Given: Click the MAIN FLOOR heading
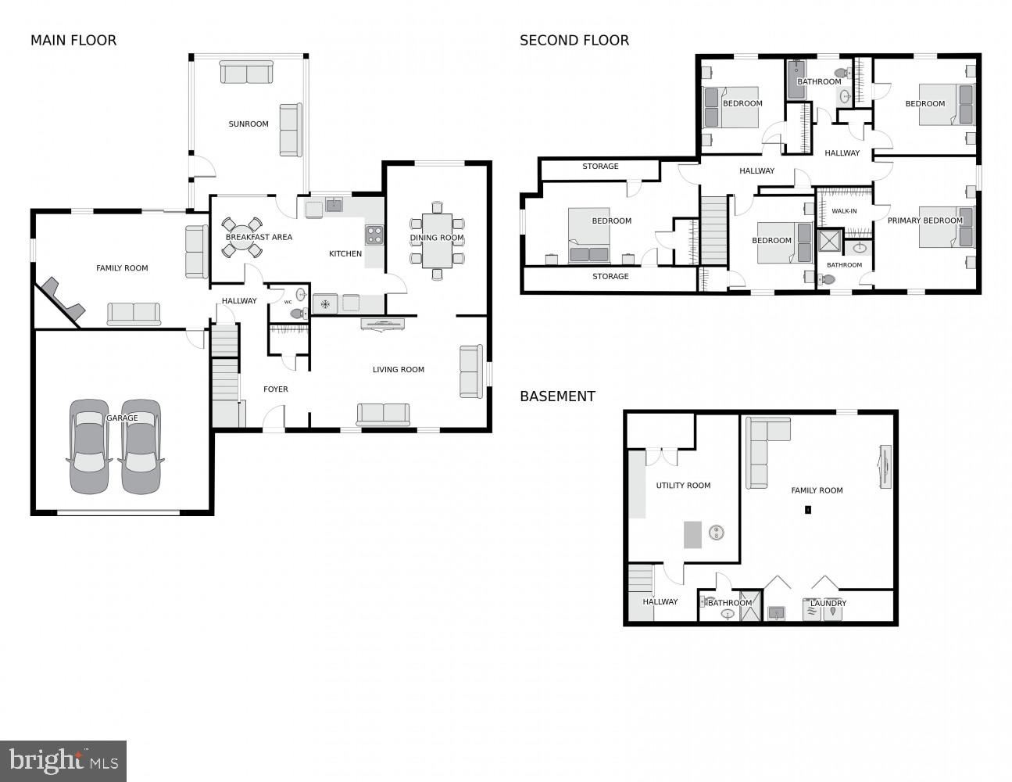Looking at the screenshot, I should tap(73, 41).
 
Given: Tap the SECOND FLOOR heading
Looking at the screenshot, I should tap(574, 41).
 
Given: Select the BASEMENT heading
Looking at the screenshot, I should tap(557, 396).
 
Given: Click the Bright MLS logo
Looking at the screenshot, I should tap(63, 760).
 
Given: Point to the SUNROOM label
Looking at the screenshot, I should tap(249, 124).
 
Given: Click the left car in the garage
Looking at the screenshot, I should tap(89, 447).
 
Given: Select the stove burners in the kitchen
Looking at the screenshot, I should tap(374, 235).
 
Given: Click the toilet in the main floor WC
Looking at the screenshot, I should tap(298, 313).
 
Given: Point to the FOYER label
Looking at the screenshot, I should tap(275, 389).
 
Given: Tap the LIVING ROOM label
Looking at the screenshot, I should tap(398, 369).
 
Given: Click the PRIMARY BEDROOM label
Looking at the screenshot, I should tap(924, 221).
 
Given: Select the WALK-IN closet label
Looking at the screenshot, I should tap(844, 211).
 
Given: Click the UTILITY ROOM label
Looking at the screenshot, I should tap(683, 486).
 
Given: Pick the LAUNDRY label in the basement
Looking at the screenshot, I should tap(828, 603).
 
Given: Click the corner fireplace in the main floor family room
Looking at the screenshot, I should tap(63, 299).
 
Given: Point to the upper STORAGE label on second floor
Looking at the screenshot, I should tap(600, 167).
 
